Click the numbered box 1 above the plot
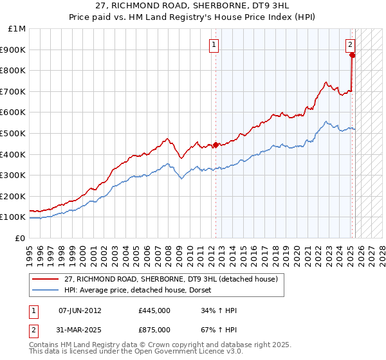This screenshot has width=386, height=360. [x=213, y=45]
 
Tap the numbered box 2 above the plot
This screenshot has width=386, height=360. [x=349, y=45]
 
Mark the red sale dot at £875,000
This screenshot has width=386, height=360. [x=353, y=55]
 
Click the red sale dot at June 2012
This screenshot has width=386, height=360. [x=216, y=145]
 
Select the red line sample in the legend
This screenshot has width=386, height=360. [x=46, y=279]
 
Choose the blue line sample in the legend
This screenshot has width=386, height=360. [x=46, y=290]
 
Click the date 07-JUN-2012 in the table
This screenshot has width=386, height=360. [x=80, y=310]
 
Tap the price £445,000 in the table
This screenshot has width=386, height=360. [x=154, y=310]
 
